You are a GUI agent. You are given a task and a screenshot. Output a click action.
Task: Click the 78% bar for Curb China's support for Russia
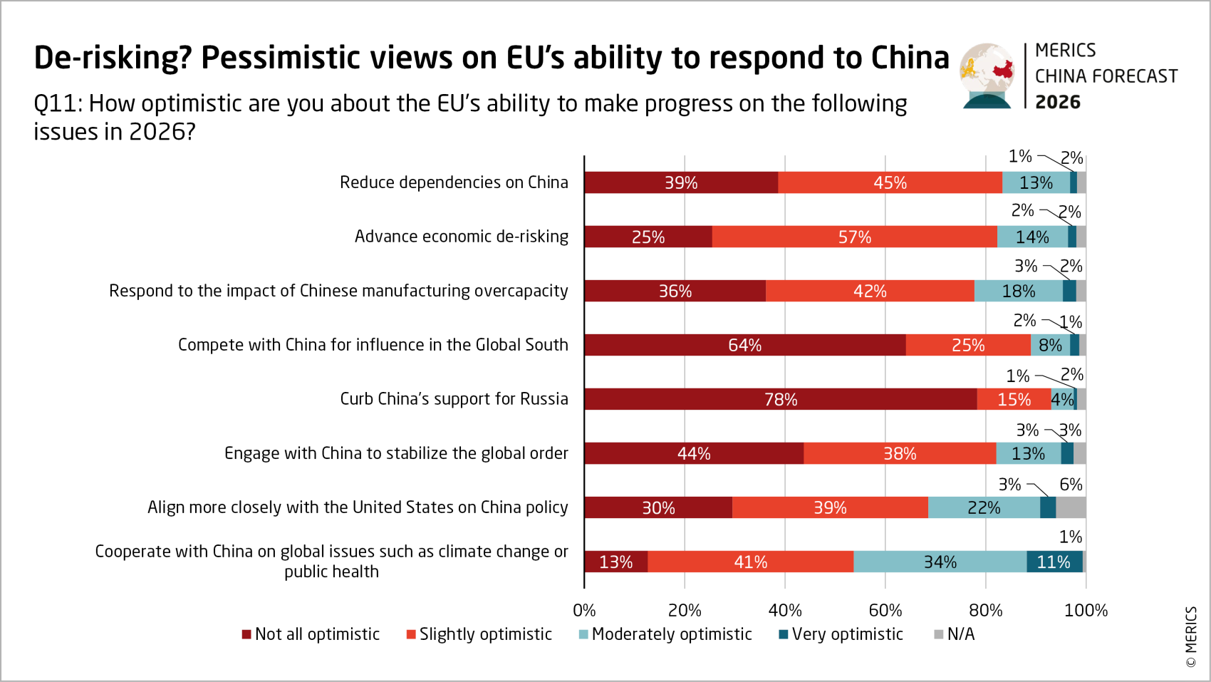pyautogui.click(x=781, y=399)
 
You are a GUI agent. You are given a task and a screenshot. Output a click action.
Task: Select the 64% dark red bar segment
pyautogui.click(x=744, y=345)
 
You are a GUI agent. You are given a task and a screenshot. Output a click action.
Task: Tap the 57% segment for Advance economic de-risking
pyautogui.click(x=854, y=237)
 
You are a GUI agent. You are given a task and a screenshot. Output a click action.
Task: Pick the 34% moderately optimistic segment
pyautogui.click(x=940, y=562)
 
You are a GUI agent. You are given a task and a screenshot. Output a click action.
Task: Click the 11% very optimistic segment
pyautogui.click(x=1054, y=562)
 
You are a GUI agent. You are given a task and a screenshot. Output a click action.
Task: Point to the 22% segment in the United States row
pyautogui.click(x=984, y=507)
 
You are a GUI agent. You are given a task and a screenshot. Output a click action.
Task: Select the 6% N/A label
pyautogui.click(x=1071, y=485)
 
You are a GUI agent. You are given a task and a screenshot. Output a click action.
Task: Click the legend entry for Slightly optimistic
pyautogui.click(x=479, y=634)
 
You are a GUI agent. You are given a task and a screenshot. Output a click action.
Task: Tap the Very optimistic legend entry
pyautogui.click(x=841, y=634)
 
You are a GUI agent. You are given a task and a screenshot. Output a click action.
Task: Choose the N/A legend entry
pyautogui.click(x=955, y=634)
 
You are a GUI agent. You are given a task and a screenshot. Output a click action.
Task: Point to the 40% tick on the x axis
pyautogui.click(x=785, y=610)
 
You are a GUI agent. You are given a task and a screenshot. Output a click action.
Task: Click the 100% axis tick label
pyautogui.click(x=1086, y=610)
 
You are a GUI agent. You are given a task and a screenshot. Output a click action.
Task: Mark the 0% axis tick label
pyautogui.click(x=584, y=610)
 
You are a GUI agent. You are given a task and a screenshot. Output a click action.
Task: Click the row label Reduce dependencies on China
pyautogui.click(x=454, y=182)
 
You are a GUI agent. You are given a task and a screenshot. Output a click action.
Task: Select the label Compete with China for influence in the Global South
pyautogui.click(x=373, y=345)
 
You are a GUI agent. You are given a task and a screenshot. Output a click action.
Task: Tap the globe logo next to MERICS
pyautogui.click(x=987, y=76)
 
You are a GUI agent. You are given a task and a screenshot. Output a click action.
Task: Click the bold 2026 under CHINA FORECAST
pyautogui.click(x=1057, y=102)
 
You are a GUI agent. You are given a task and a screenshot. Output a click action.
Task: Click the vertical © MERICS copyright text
pyautogui.click(x=1191, y=636)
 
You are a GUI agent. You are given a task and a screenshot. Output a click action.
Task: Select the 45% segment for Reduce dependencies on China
pyautogui.click(x=890, y=182)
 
